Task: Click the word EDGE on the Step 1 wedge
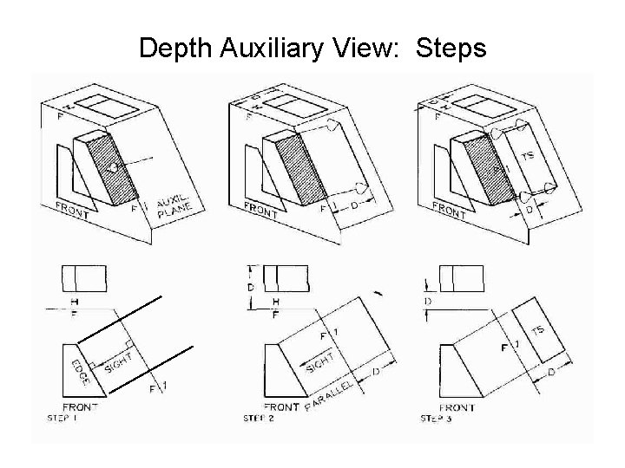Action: [79, 370]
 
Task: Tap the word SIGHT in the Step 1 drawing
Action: [119, 362]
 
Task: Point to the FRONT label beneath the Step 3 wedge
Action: [457, 406]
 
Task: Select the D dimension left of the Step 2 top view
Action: [251, 286]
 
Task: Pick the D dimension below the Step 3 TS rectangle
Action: [551, 371]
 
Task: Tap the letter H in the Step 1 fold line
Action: [76, 300]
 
